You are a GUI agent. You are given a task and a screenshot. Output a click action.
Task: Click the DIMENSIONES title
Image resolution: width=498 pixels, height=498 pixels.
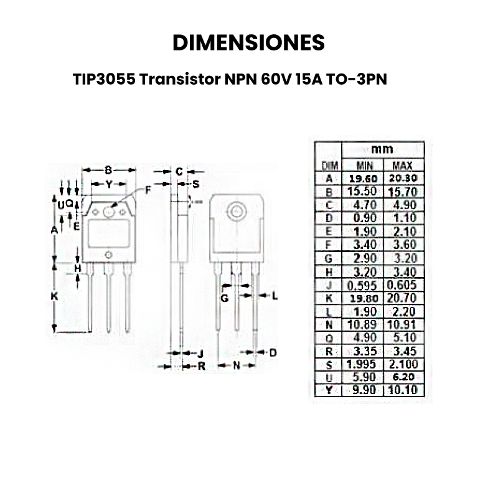tap(248, 42)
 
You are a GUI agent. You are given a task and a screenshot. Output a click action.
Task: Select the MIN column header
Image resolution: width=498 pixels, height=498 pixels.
tap(364, 166)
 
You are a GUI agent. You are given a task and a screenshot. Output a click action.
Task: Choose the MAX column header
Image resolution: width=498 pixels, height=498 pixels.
tap(402, 166)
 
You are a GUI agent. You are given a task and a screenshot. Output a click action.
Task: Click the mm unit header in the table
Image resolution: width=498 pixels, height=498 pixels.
tap(382, 149)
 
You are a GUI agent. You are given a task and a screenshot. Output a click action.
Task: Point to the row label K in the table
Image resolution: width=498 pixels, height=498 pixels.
tap(328, 298)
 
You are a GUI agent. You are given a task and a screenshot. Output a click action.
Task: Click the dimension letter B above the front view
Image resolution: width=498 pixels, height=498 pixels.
tap(108, 170)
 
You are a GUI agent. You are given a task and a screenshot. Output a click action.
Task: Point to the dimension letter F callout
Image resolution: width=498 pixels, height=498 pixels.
tap(148, 190)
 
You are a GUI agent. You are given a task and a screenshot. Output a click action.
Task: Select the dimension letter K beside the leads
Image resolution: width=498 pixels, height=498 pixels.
tap(54, 297)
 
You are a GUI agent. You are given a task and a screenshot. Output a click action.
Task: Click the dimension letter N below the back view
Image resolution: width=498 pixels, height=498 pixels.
tap(237, 367)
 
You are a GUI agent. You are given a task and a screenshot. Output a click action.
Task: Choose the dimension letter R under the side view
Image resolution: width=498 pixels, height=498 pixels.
tap(201, 367)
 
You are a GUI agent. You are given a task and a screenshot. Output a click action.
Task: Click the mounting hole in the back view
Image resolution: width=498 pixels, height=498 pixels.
tap(237, 211)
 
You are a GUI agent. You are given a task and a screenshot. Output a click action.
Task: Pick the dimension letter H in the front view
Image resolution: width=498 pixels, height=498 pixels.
tap(78, 268)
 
